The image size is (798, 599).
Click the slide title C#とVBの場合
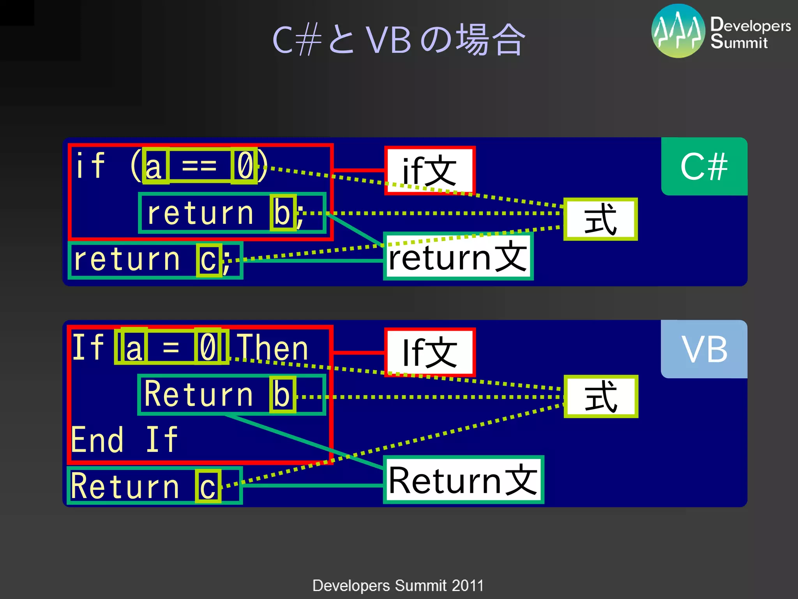pyautogui.click(x=399, y=40)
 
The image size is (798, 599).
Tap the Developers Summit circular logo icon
pyautogui.click(x=678, y=31)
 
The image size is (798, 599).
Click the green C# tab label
pyautogui.click(x=704, y=167)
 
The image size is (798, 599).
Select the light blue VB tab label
pyautogui.click(x=704, y=349)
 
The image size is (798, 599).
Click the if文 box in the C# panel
pyautogui.click(x=429, y=170)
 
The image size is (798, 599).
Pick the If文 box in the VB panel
pyautogui.click(x=429, y=352)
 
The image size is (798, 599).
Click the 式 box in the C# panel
pyautogui.click(x=600, y=219)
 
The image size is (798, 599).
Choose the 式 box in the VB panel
pyautogui.click(x=600, y=397)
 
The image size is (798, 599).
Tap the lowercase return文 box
pyautogui.click(x=458, y=257)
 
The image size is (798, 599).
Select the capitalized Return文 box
pyautogui.click(x=463, y=480)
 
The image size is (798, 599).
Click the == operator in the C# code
pyautogui.click(x=199, y=166)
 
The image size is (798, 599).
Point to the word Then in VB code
pyautogui.click(x=273, y=347)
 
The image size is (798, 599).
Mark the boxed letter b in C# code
pyautogui.click(x=282, y=213)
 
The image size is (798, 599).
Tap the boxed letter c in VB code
pyautogui.click(x=208, y=486)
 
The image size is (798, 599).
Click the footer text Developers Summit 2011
pyautogui.click(x=398, y=585)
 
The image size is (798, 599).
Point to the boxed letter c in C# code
pyautogui.click(x=208, y=260)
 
